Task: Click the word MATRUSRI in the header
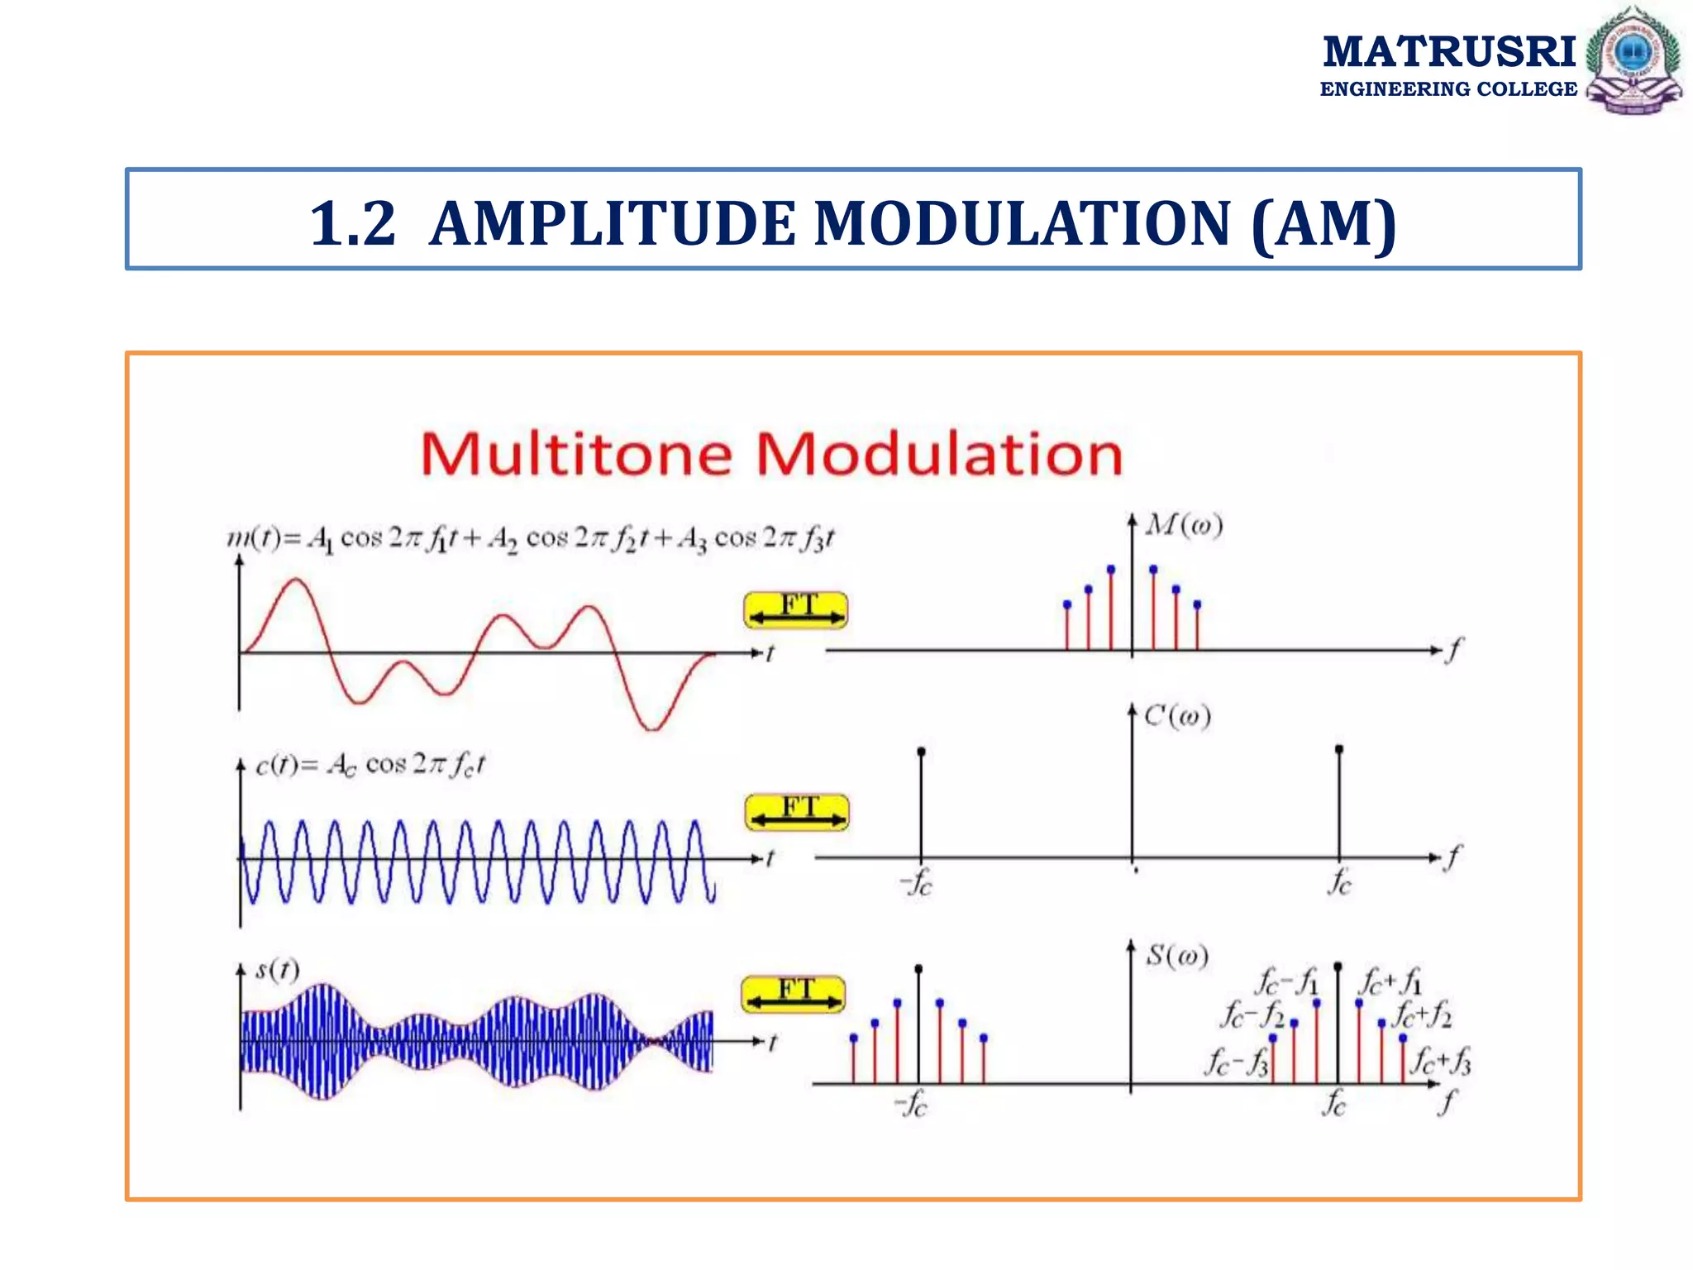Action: click(1448, 51)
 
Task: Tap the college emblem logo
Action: click(1633, 60)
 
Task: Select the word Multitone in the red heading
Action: click(576, 454)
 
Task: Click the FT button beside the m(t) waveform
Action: click(795, 610)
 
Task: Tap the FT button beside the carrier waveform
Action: click(797, 812)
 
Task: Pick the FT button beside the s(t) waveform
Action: click(794, 994)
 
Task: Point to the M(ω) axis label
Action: click(1184, 525)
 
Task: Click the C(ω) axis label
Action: click(1178, 715)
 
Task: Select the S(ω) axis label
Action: click(1177, 956)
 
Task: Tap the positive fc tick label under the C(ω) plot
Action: click(1339, 882)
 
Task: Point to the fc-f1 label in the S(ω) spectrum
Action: click(1286, 982)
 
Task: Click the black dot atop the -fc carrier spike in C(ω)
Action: click(921, 752)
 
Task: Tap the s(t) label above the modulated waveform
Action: click(277, 969)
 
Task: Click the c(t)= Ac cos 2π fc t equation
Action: click(370, 765)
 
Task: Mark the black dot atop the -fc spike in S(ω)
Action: click(918, 968)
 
